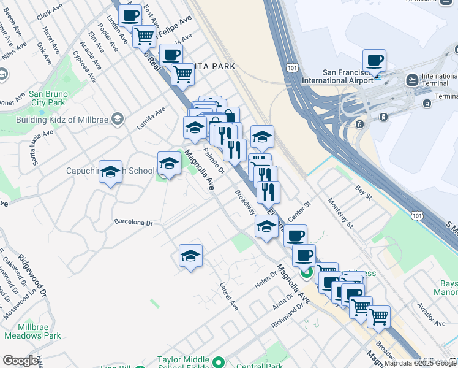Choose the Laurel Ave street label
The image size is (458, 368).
(229, 296)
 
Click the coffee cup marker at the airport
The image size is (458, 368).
(374, 61)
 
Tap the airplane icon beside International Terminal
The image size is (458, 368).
(413, 80)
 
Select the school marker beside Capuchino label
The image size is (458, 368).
(110, 174)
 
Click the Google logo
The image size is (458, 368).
(20, 361)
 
